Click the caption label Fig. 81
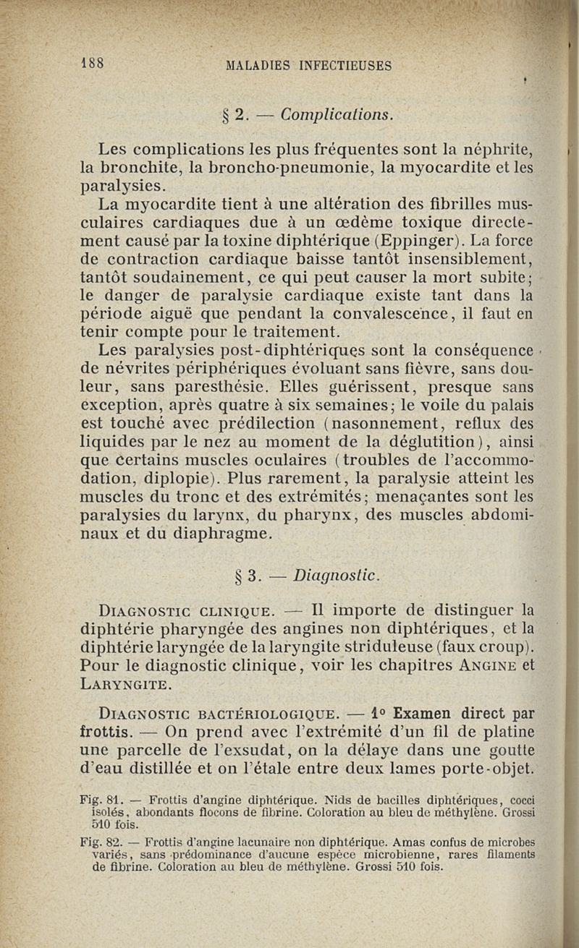click(98, 800)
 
